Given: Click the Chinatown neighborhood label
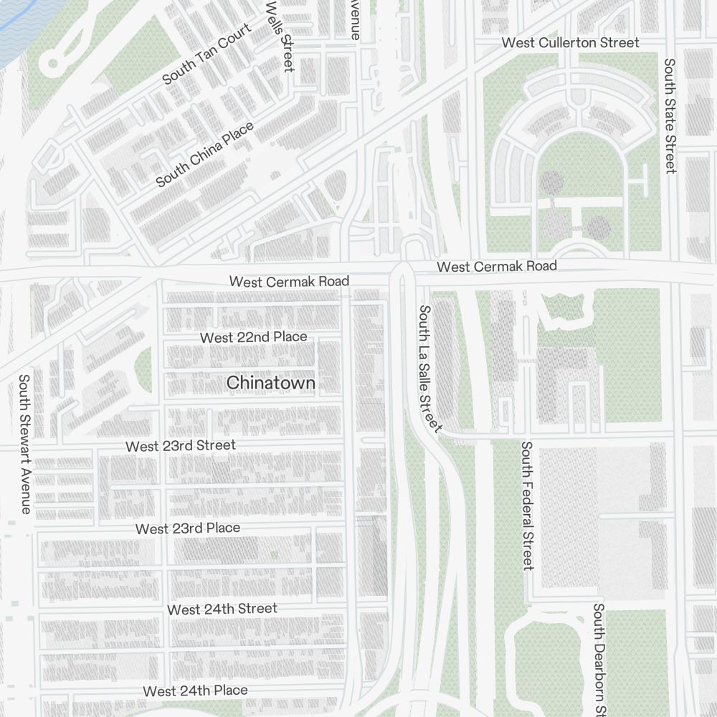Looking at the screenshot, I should pyautogui.click(x=271, y=384).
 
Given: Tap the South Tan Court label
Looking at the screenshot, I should pyautogui.click(x=207, y=54).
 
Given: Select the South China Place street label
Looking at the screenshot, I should pyautogui.click(x=205, y=155).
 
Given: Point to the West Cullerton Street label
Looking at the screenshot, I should pyautogui.click(x=570, y=43).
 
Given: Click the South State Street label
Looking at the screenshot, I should pyautogui.click(x=670, y=115).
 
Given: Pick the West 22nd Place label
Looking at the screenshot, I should pyautogui.click(x=253, y=337).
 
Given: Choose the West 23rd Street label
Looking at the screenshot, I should pyautogui.click(x=180, y=446).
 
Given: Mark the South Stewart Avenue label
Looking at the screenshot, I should pyautogui.click(x=25, y=444).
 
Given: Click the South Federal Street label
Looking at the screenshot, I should pyautogui.click(x=528, y=506).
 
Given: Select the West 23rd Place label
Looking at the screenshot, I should pyautogui.click(x=188, y=528).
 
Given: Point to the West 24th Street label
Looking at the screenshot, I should pyautogui.click(x=222, y=609).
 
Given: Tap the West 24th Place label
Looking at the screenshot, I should pyautogui.click(x=195, y=691).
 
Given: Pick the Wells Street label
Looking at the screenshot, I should pyautogui.click(x=280, y=36).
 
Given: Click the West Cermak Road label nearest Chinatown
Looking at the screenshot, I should pyautogui.click(x=289, y=282).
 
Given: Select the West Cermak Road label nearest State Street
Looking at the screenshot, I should pyautogui.click(x=497, y=267).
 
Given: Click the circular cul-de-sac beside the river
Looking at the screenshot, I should pyautogui.click(x=52, y=64).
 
